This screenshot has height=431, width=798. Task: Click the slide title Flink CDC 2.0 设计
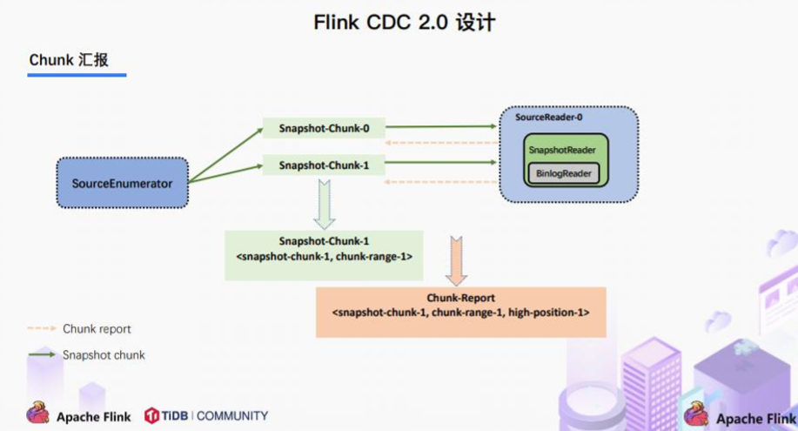404,22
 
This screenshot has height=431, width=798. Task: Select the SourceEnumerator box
122,183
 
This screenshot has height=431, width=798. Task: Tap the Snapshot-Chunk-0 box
324,128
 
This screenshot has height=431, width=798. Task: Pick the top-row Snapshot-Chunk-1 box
324,164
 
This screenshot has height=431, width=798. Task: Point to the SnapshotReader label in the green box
561,151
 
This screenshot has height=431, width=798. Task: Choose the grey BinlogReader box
563,173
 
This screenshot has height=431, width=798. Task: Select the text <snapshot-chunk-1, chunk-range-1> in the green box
324,257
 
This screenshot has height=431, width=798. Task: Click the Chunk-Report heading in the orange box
460,298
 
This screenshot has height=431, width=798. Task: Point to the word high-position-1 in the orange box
553,312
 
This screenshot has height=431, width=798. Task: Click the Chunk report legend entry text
97,329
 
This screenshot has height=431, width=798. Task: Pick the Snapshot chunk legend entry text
104,355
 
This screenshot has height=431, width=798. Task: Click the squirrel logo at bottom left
37,413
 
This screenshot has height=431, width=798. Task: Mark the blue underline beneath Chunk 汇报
77,75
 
